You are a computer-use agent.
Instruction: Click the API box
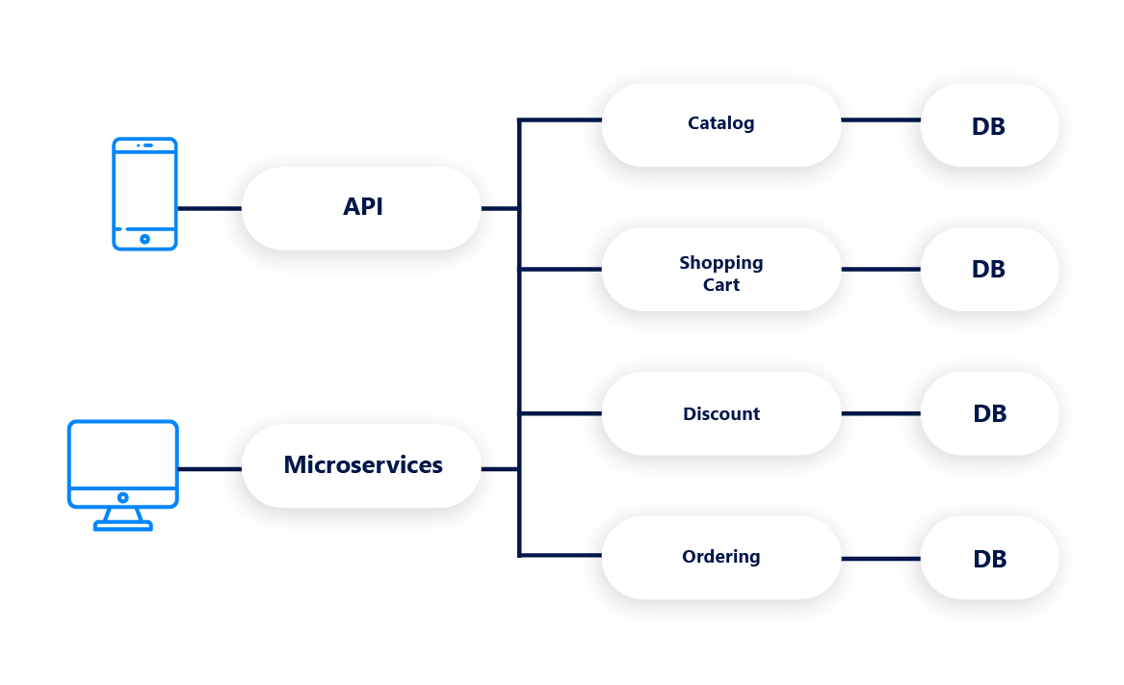click(x=361, y=208)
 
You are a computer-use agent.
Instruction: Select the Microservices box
click(x=361, y=465)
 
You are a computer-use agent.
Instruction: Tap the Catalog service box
click(x=720, y=124)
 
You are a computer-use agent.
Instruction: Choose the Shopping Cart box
click(x=720, y=269)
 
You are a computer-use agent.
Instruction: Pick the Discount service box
click(x=720, y=413)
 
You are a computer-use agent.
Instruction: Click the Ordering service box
click(x=720, y=557)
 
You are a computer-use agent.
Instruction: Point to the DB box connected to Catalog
click(x=989, y=125)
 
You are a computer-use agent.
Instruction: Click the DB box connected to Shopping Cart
click(x=989, y=269)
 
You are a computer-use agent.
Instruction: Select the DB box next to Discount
click(x=989, y=413)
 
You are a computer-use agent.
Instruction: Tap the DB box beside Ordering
click(x=989, y=558)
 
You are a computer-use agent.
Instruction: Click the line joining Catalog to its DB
click(x=880, y=120)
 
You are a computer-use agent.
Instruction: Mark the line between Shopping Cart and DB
click(x=880, y=270)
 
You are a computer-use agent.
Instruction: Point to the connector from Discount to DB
click(x=880, y=413)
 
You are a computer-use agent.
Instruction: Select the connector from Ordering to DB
click(x=880, y=559)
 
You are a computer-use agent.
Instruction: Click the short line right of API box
click(x=499, y=208)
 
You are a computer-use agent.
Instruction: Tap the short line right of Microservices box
click(x=499, y=469)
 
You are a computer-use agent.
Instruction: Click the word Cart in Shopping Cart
click(x=721, y=285)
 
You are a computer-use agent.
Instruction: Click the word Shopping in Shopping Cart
click(x=720, y=263)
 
